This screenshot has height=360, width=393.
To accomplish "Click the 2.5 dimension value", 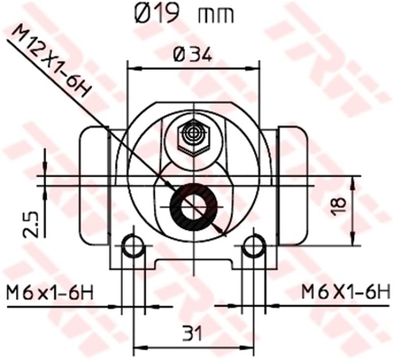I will (31, 224).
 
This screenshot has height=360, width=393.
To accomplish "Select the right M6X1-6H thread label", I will (345, 293).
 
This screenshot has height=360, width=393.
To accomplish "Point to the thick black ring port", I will (194, 207).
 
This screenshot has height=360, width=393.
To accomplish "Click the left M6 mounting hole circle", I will (133, 245).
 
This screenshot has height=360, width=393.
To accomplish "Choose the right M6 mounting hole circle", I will (254, 245).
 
